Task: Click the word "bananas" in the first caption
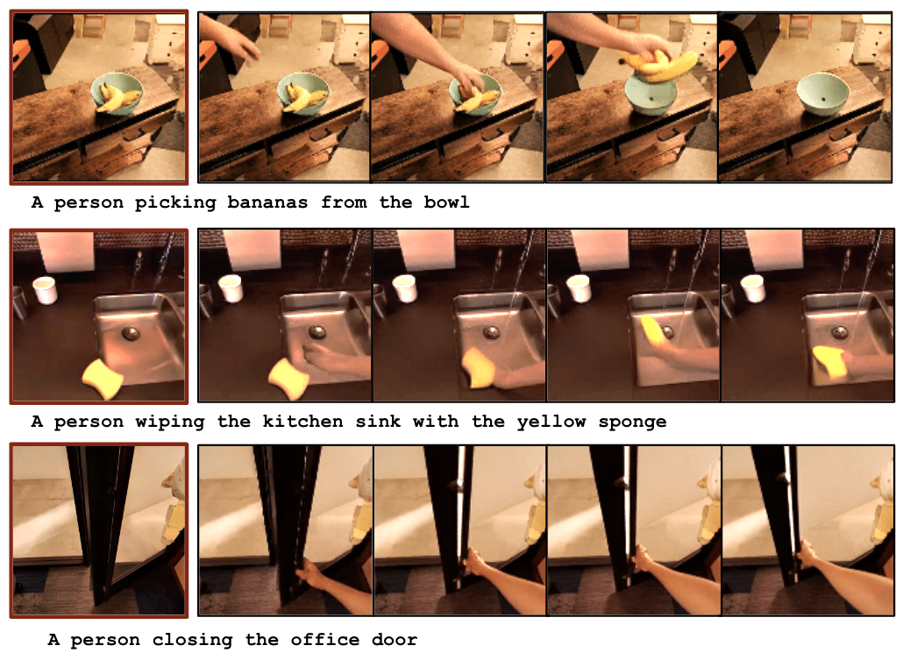[x=267, y=202]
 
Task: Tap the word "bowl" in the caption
[x=447, y=202]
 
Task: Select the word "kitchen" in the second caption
[x=302, y=422]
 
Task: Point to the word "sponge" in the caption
[x=632, y=422]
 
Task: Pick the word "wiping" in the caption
[x=170, y=422]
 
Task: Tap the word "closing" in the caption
[x=192, y=641]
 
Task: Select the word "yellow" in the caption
[x=551, y=422]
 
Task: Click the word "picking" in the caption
[x=175, y=203]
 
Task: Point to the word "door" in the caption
[x=395, y=640]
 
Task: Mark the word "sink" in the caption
[x=378, y=422]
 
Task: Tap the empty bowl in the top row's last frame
[x=823, y=94]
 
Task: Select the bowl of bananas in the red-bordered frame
[x=117, y=95]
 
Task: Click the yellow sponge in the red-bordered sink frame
[x=103, y=378]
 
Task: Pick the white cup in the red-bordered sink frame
[x=45, y=289]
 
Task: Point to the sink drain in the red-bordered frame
[x=131, y=333]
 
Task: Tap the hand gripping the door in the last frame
[x=807, y=555]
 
